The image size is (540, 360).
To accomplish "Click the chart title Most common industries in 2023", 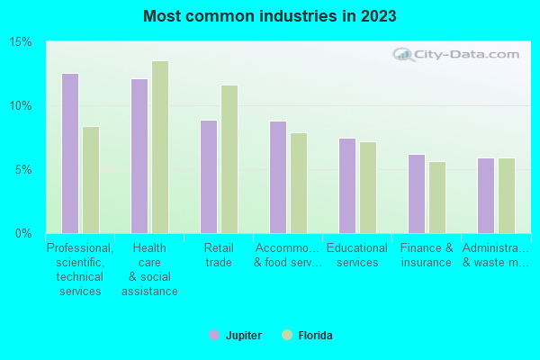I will pyautogui.click(x=269, y=16).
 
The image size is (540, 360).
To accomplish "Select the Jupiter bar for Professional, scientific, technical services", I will pyautogui.click(x=69, y=153).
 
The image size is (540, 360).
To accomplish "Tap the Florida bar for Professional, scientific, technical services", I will pyautogui.click(x=91, y=180).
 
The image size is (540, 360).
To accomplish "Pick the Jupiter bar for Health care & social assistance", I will pyautogui.click(x=139, y=156).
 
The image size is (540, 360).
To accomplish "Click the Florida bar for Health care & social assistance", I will pyautogui.click(x=160, y=147).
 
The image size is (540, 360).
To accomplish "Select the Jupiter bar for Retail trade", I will pyautogui.click(x=209, y=176).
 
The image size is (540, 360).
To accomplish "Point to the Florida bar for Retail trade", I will pyautogui.click(x=229, y=159).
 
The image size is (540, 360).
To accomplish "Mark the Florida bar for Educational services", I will pyautogui.click(x=368, y=187).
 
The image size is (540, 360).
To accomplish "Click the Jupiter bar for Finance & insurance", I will pyautogui.click(x=417, y=193).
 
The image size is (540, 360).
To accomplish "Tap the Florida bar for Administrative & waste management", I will pyautogui.click(x=507, y=195).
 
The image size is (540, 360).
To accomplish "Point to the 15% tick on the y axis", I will pyautogui.click(x=21, y=42).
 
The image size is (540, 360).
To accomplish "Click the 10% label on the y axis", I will pyautogui.click(x=21, y=106).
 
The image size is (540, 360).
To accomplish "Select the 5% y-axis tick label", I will pyautogui.click(x=24, y=170).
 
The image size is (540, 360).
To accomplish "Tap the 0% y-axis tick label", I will pyautogui.click(x=24, y=234).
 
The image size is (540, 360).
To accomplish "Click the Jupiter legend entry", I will pyautogui.click(x=235, y=336).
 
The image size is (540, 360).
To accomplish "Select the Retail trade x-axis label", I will pyautogui.click(x=218, y=256).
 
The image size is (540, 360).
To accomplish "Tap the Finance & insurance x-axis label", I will pyautogui.click(x=427, y=256).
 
